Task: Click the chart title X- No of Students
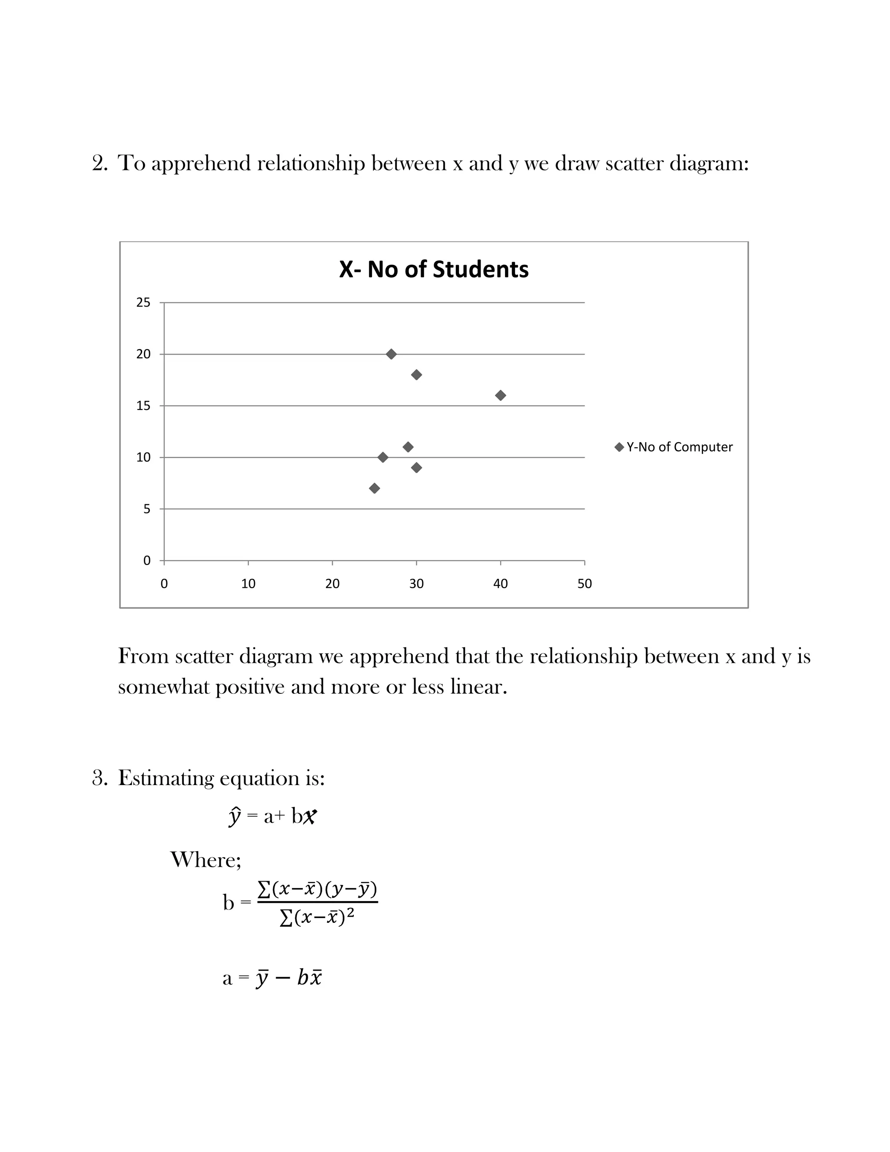coord(433,270)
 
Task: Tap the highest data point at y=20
coord(391,354)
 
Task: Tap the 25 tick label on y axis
coord(143,303)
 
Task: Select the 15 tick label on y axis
coord(143,406)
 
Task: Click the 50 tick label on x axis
coord(584,584)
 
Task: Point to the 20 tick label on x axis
coord(332,584)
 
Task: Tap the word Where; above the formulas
coord(206,860)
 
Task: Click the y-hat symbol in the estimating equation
coord(235,816)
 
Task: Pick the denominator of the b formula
coord(316,918)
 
